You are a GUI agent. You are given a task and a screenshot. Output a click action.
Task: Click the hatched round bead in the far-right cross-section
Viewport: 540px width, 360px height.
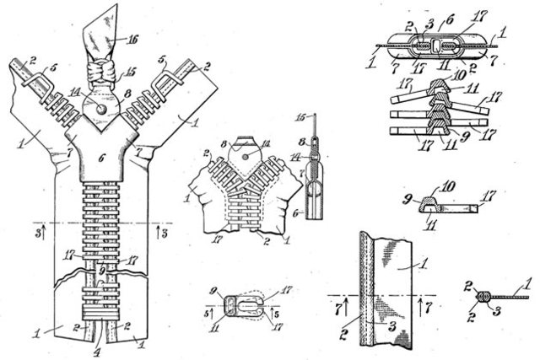483,297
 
